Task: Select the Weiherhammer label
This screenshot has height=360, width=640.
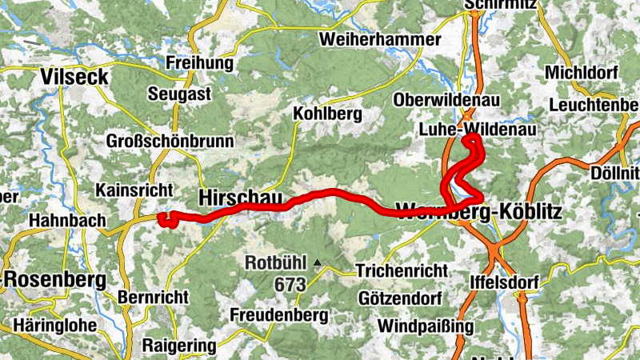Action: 379,39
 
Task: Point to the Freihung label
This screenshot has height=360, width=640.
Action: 199,62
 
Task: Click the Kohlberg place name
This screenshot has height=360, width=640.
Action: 327,114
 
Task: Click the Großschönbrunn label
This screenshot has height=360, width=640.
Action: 170,142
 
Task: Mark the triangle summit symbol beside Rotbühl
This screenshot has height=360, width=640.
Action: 318,262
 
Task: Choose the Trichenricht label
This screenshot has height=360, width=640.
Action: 401,270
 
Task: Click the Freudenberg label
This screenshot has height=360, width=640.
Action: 278,315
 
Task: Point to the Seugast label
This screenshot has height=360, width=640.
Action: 179,94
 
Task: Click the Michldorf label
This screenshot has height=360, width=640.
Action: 582,73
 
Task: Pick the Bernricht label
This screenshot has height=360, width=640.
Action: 152,297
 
